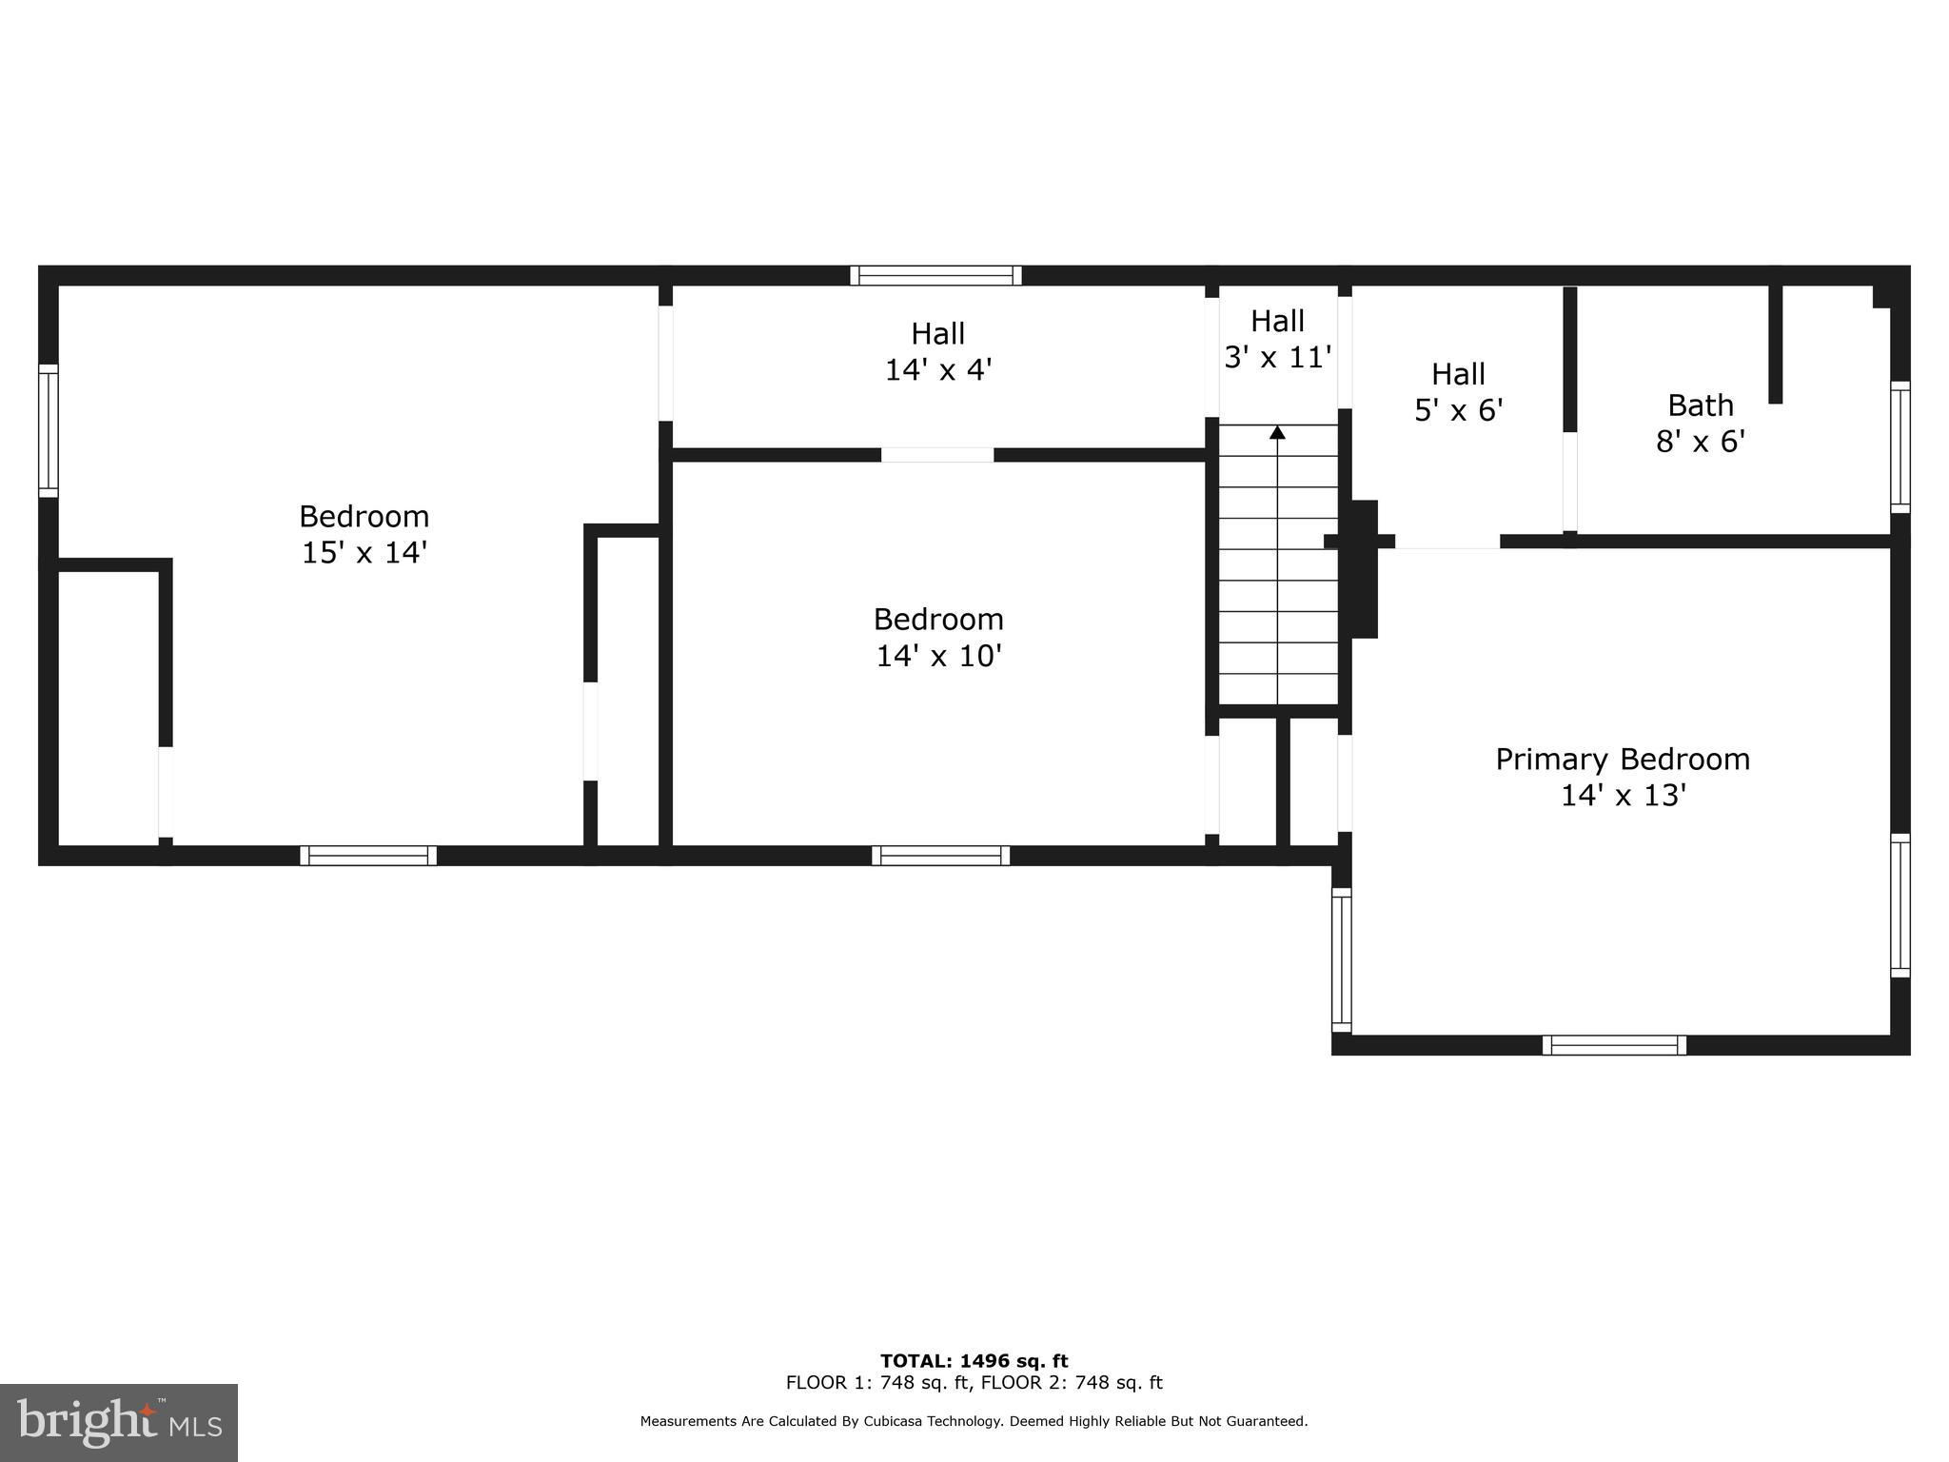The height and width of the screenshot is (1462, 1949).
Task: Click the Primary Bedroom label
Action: pos(1623,760)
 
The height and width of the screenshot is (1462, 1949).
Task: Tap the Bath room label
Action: pos(1701,405)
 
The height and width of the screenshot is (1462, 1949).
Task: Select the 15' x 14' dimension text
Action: pos(364,552)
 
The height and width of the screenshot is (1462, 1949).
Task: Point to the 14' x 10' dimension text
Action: pos(939,656)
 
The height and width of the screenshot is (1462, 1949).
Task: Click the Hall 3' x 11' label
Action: pos(1277,339)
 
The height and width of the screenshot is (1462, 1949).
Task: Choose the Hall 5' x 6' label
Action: pos(1459,392)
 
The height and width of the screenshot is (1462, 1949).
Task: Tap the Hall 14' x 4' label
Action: pos(939,351)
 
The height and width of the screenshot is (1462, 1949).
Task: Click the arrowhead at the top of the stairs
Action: pos(1277,432)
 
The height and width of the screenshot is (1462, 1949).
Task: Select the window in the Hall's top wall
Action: pos(936,276)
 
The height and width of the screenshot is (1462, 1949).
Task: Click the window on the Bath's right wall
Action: pos(1900,447)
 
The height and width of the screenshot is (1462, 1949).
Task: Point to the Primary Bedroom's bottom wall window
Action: pos(1614,1045)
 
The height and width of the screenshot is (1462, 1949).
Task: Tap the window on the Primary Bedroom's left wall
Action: pos(1341,959)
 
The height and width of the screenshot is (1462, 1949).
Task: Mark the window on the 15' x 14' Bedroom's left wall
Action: pos(49,430)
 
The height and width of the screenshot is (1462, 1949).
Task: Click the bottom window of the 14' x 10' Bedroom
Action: pos(941,856)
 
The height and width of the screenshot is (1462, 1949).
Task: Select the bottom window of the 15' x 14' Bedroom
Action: pos(368,856)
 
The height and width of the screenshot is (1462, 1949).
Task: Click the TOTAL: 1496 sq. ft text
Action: pos(974,1361)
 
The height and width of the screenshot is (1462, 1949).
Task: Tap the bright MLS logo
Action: pos(119,1423)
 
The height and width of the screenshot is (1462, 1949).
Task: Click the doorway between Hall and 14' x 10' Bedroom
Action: pos(937,455)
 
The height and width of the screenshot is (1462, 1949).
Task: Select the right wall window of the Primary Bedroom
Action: pos(1900,905)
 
